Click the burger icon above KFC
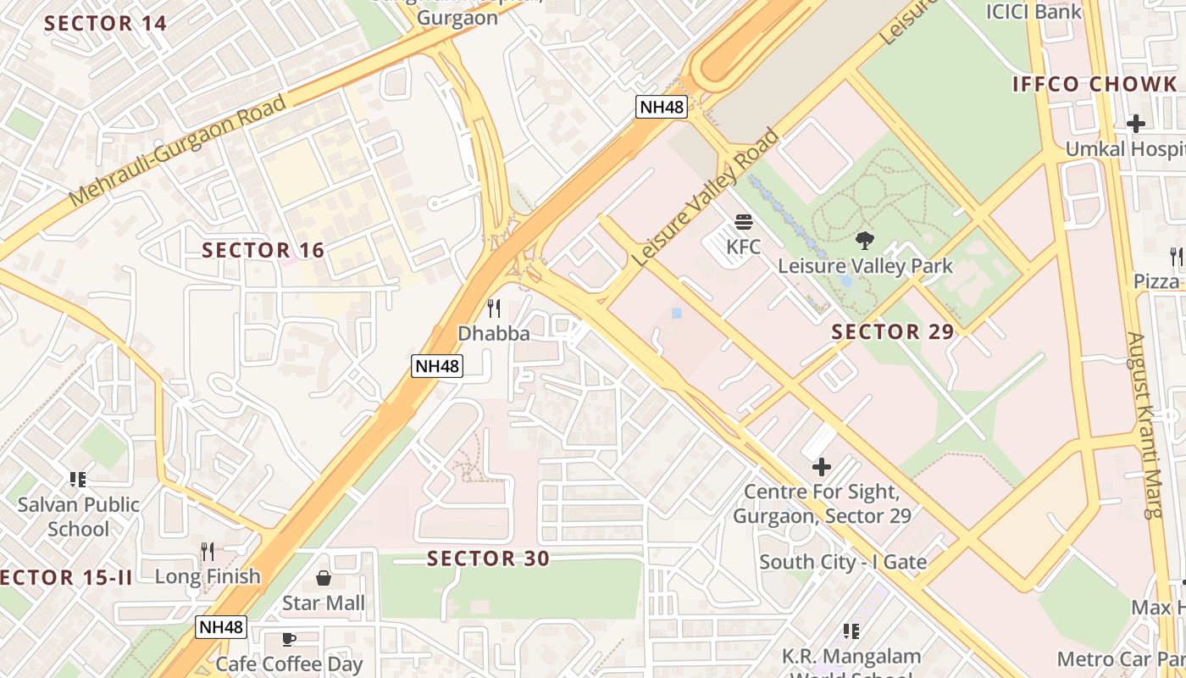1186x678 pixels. coord(744,222)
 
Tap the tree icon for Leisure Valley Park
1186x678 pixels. coord(864,241)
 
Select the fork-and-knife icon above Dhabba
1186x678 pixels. coord(494,308)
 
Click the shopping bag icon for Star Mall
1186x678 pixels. coord(324,579)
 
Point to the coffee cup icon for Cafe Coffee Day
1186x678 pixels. coord(289,639)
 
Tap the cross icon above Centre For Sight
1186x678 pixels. coord(821,466)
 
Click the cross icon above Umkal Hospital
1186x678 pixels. coord(1135,124)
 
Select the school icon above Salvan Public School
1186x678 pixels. coord(78,480)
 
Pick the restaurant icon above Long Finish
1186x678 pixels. coord(208,552)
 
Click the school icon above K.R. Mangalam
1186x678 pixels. coord(851,631)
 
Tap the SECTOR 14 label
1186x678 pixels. coord(105,23)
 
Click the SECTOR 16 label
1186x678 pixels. coord(263,250)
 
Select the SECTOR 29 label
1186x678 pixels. coord(893,331)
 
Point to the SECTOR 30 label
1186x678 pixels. coord(488,559)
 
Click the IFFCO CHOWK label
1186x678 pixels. coord(1095,84)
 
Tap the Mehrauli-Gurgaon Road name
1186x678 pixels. coord(177,151)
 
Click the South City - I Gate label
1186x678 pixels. coord(842,562)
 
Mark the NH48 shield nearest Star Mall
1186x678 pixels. coord(221,627)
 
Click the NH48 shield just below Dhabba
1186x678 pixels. coord(437,366)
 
